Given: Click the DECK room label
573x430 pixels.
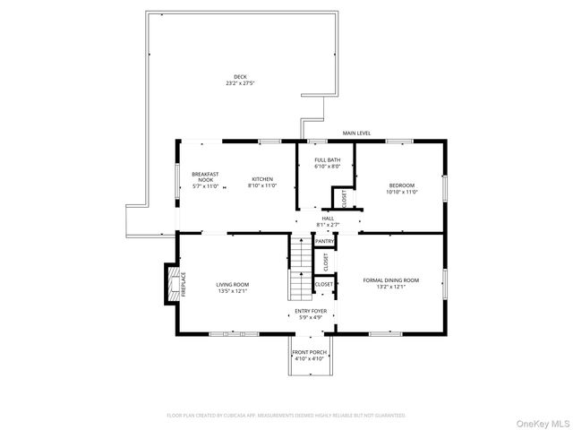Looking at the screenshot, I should (x=240, y=77).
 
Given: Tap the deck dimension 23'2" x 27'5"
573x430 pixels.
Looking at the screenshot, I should (x=240, y=83).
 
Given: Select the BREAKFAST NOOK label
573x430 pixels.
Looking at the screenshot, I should (x=206, y=176).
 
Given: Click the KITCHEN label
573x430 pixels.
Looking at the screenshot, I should (x=261, y=178).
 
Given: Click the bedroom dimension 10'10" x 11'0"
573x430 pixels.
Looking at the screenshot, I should (x=401, y=191).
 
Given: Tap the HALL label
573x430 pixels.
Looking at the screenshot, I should (x=329, y=218).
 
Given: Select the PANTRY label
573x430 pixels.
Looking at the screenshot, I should (x=324, y=242).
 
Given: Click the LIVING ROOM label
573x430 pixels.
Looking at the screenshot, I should (x=232, y=285).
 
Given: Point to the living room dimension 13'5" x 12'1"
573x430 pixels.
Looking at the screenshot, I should (x=232, y=291).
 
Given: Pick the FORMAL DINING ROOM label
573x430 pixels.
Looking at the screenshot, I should (x=390, y=280).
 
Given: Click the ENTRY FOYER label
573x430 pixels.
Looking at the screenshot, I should (x=311, y=311).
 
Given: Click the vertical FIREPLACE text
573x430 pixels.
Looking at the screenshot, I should (x=184, y=284).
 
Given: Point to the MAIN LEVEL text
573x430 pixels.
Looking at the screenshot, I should (x=356, y=133).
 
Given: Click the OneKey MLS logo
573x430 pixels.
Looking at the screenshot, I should (x=539, y=419).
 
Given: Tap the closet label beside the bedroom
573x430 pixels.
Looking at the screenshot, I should (x=344, y=198).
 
